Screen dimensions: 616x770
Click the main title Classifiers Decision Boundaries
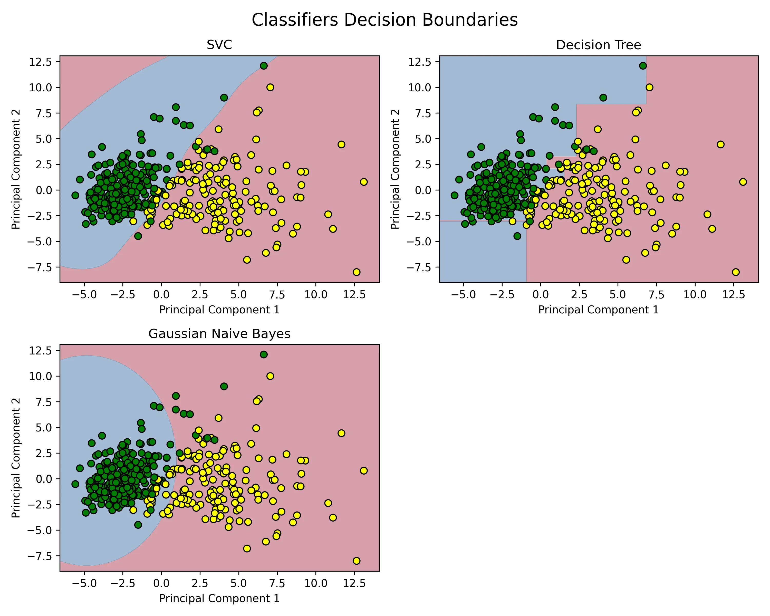pos(385,20)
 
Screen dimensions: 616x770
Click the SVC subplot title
pos(219,45)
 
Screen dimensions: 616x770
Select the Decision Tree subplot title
pos(598,45)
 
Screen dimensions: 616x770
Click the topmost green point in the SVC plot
pos(264,66)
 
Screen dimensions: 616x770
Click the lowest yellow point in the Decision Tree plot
pos(735,272)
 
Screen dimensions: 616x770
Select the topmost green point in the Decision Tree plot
pos(643,66)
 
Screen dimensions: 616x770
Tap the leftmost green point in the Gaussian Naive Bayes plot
pos(75,484)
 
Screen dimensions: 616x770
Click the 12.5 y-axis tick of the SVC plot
pos(41,62)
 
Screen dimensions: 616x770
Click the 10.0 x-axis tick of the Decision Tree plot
pos(695,295)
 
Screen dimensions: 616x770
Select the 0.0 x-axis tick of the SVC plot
pos(161,295)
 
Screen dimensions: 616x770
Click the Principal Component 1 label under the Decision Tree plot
pos(598,310)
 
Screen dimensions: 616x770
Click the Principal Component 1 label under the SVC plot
pos(219,310)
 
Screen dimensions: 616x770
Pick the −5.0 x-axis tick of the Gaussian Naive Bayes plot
pos(84,583)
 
